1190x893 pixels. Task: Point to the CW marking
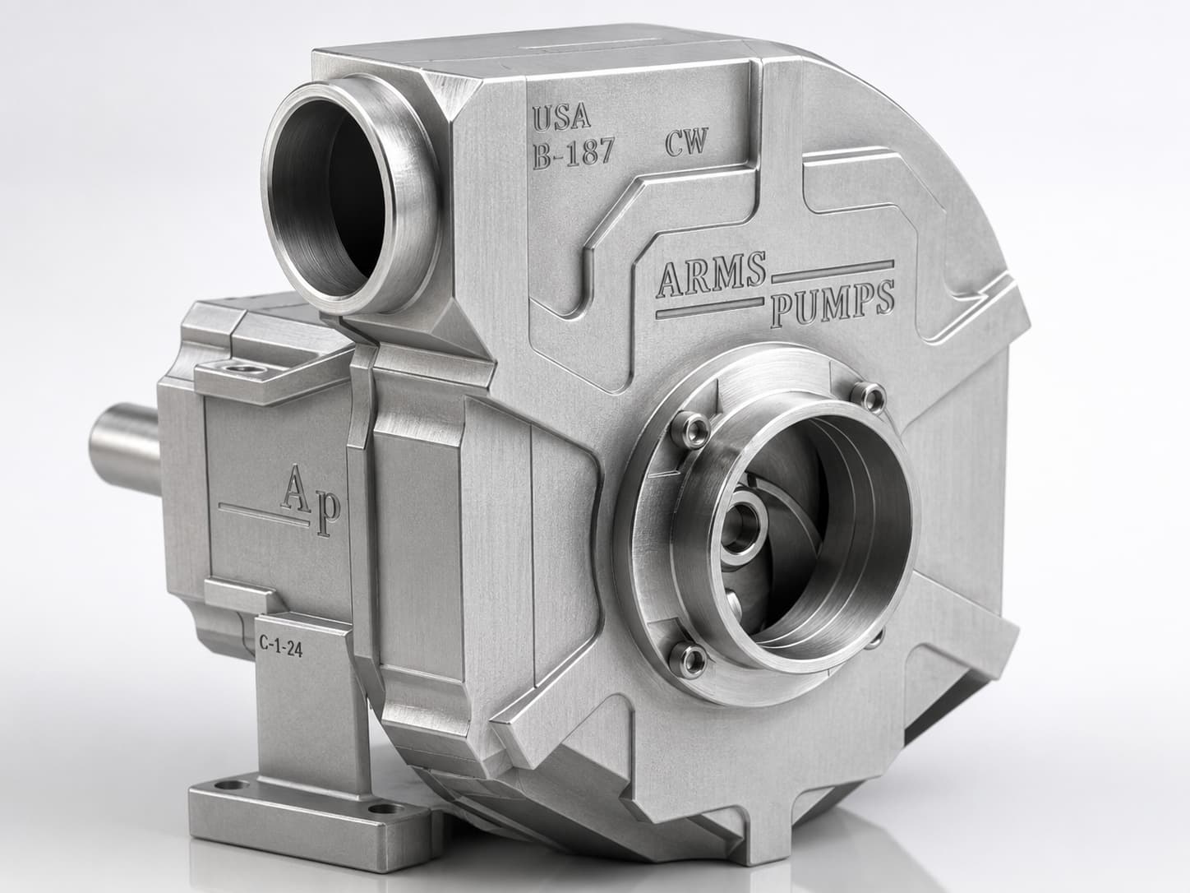tap(686, 142)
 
